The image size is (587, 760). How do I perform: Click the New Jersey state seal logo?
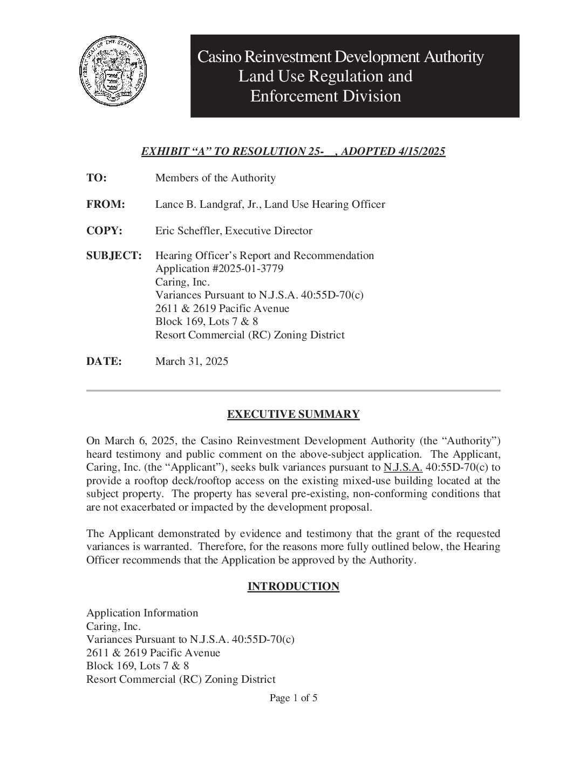click(x=113, y=73)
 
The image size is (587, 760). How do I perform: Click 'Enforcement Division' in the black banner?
click(x=325, y=96)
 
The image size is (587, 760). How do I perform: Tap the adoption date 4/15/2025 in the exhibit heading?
click(x=421, y=151)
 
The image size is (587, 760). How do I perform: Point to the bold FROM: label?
click(x=106, y=204)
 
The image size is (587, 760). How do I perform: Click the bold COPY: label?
click(x=105, y=230)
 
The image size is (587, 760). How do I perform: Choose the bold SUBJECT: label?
click(x=114, y=255)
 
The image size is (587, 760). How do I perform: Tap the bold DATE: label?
click(x=104, y=361)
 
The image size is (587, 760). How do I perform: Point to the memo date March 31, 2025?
click(x=192, y=361)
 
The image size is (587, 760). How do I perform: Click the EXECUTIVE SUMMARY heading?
click(x=293, y=414)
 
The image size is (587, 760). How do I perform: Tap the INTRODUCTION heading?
click(x=293, y=586)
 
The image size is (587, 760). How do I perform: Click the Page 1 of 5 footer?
click(x=293, y=698)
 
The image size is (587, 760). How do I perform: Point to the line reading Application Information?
click(x=142, y=613)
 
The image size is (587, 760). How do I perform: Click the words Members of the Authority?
click(x=215, y=178)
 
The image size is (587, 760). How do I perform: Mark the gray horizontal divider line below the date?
click(x=293, y=390)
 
